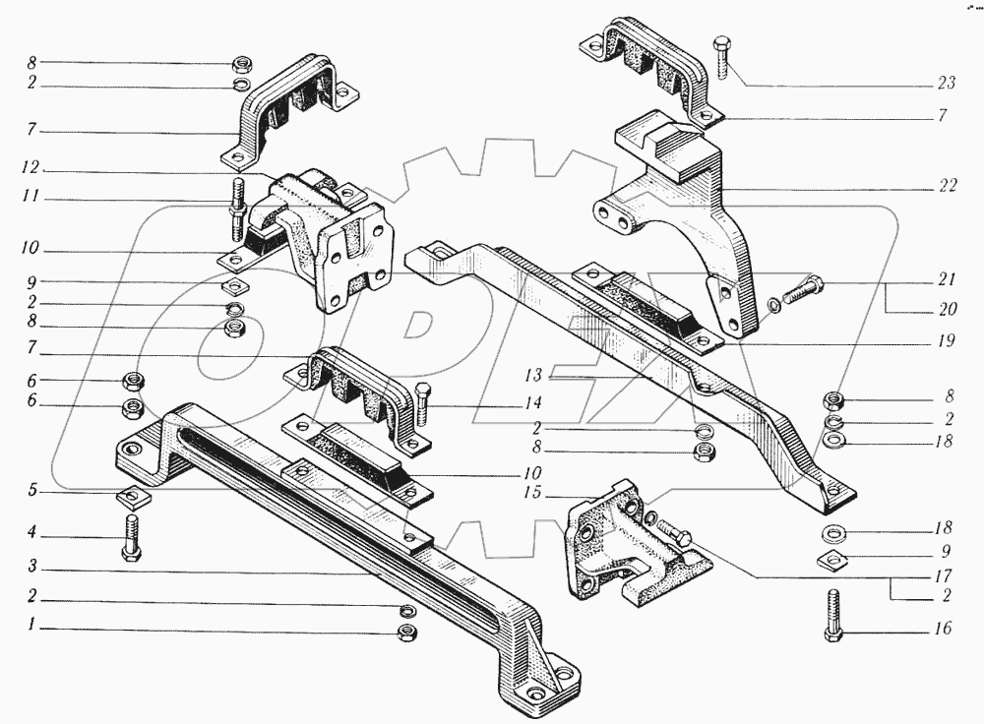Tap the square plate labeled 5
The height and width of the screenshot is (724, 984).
127,495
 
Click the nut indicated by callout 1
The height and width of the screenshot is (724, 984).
403,631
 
